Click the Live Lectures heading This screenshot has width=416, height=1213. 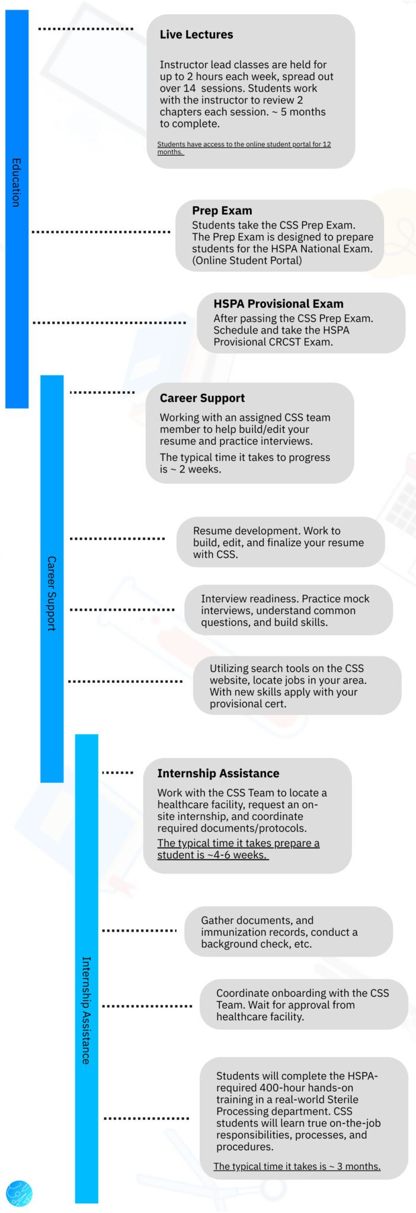point(196,35)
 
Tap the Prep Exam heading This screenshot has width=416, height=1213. point(222,210)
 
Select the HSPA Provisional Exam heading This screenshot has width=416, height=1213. point(279,304)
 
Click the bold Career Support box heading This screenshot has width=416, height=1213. point(202,398)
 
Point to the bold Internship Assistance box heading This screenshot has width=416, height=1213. point(218,774)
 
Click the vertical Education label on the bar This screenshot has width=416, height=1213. point(16,182)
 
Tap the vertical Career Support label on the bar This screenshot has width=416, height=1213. point(52,593)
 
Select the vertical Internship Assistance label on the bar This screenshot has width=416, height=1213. point(86,1010)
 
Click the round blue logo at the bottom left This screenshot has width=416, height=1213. point(19,1193)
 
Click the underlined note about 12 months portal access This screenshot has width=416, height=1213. point(244,148)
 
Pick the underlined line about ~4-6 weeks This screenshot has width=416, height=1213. point(238,849)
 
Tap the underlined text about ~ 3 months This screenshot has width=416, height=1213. point(297,1166)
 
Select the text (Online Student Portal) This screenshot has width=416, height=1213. point(247,261)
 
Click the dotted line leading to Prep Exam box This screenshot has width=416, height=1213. point(101,232)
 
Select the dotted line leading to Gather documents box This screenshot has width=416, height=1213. point(139,930)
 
